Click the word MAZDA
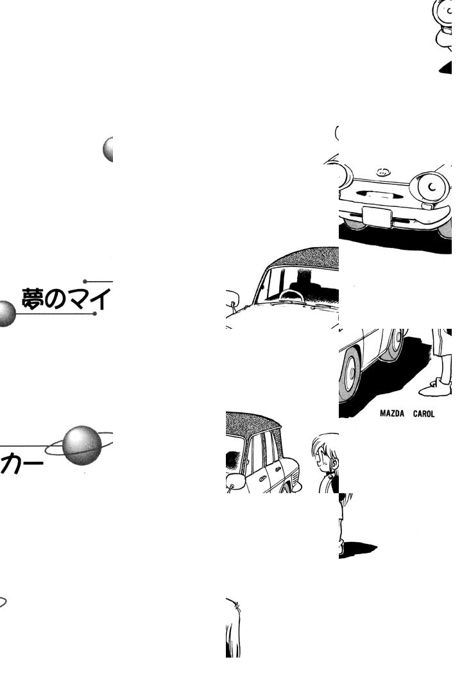(391, 414)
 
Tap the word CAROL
(424, 414)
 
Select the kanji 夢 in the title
(32, 299)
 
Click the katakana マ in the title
(78, 299)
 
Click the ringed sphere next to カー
(81, 445)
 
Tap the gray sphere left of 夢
(5, 314)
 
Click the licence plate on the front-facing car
(377, 217)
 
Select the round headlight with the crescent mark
(430, 187)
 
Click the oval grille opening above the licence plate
(379, 195)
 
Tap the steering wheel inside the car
(291, 295)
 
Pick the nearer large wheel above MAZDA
(350, 373)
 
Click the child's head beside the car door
(325, 452)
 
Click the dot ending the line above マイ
(85, 281)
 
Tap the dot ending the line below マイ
(94, 314)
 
